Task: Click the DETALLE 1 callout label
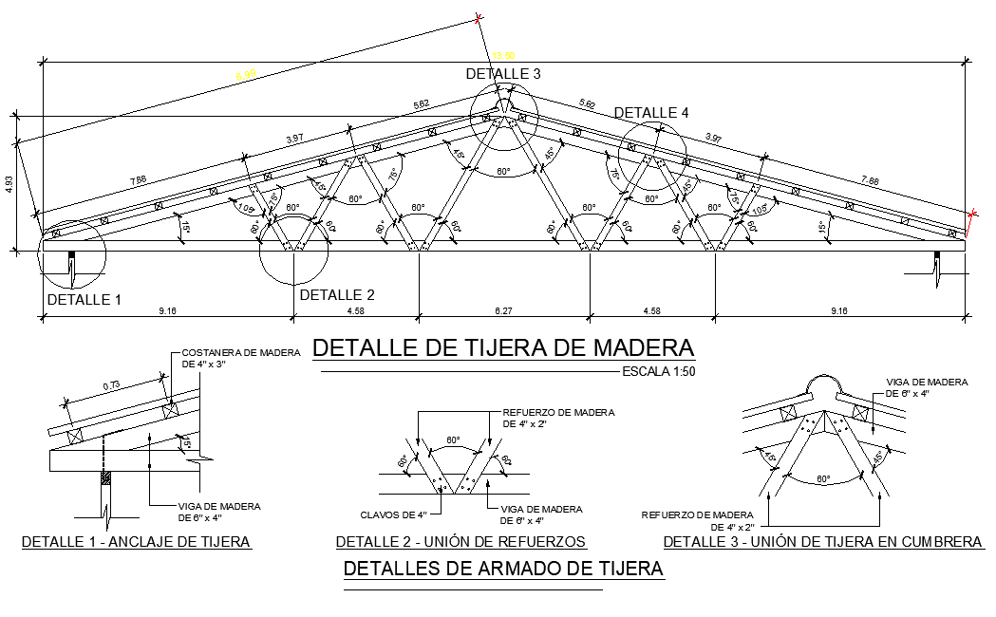tap(85, 300)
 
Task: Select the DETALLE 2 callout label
tap(337, 295)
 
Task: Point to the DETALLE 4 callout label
tap(651, 113)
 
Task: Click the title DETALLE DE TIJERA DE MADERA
tap(503, 347)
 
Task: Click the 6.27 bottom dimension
tap(503, 309)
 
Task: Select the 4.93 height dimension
tap(9, 183)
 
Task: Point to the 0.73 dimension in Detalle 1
tap(111, 385)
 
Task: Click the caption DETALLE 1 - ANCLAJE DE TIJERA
tap(136, 542)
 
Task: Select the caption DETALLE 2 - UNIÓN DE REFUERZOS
tap(460, 542)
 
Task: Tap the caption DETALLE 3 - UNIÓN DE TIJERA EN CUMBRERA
tap(822, 542)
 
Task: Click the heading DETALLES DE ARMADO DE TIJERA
tap(502, 570)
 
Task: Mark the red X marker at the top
tap(479, 18)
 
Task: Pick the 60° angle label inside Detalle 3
tap(823, 478)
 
